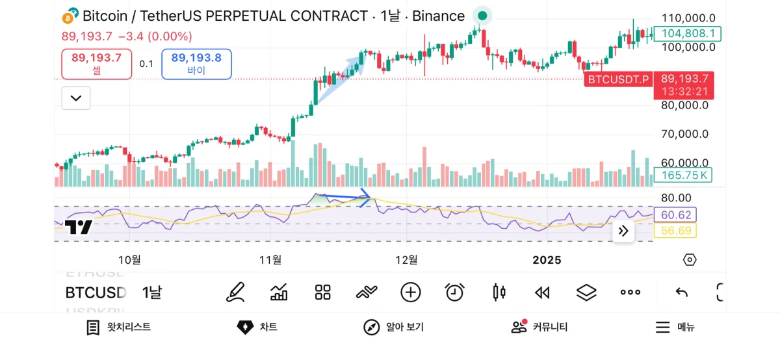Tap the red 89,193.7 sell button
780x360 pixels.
click(x=97, y=64)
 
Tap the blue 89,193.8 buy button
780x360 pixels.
click(x=196, y=64)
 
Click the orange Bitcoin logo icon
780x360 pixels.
click(x=70, y=16)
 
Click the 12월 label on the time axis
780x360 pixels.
click(x=406, y=260)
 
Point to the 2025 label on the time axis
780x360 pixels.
click(x=547, y=260)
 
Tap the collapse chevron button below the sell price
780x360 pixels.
click(x=76, y=98)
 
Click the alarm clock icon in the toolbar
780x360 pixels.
click(x=454, y=292)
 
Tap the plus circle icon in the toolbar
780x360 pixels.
click(x=410, y=292)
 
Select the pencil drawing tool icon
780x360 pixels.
click(x=235, y=292)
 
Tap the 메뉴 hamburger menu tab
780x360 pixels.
click(x=675, y=327)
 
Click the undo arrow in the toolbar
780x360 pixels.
click(x=681, y=292)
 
